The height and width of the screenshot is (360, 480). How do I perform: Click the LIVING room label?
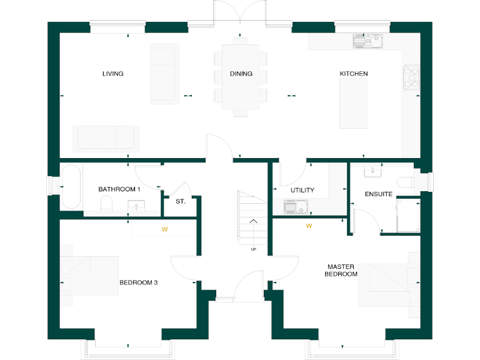(112, 74)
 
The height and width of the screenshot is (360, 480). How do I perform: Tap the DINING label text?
(241, 74)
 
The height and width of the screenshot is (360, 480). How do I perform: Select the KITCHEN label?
(354, 74)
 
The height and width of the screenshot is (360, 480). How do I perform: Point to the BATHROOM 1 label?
(119, 189)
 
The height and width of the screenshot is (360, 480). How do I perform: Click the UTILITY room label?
(302, 190)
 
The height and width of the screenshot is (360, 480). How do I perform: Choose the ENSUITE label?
(379, 194)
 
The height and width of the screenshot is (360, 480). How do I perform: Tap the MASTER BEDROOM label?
(342, 270)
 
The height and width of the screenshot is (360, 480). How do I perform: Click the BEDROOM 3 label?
(138, 282)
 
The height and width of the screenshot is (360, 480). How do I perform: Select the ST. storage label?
(180, 201)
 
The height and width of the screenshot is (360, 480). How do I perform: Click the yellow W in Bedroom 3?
(165, 229)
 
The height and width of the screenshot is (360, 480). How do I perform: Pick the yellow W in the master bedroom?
(309, 226)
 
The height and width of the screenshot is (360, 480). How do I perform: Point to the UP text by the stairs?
(253, 249)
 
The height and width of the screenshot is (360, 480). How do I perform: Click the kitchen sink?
(367, 42)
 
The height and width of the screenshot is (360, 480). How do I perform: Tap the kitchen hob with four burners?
(411, 78)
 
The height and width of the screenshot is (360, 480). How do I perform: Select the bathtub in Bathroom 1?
(70, 187)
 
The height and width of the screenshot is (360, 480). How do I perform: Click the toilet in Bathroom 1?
(106, 204)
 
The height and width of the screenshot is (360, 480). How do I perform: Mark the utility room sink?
(293, 206)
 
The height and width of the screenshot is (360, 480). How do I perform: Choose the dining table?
(241, 76)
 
